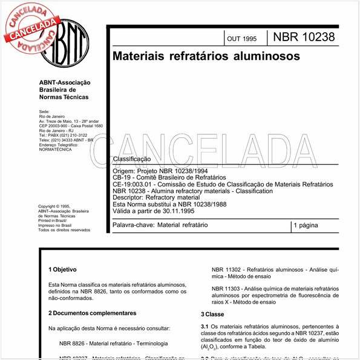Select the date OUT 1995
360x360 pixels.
(241, 39)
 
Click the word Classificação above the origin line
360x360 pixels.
(131, 159)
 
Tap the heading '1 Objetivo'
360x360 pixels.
(66, 269)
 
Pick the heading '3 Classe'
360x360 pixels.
(212, 315)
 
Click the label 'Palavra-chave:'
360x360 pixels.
(134, 225)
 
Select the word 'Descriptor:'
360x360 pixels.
(131, 197)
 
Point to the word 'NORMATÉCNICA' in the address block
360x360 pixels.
(55, 149)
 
